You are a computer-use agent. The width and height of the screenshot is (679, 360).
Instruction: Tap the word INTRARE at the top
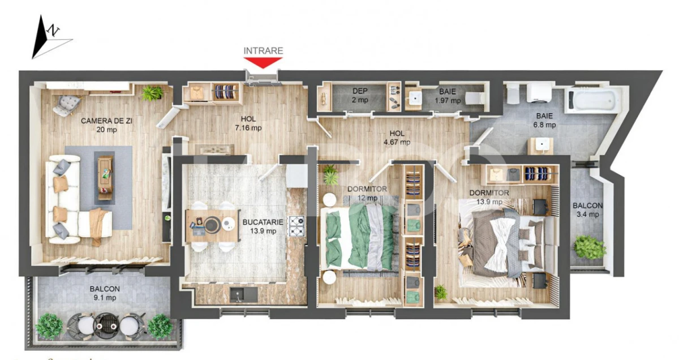[263, 50]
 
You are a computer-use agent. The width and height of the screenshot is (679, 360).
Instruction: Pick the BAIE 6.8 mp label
[546, 120]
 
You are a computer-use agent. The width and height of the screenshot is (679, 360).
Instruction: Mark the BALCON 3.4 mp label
[587, 210]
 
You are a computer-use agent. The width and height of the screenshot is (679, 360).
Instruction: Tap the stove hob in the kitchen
[297, 226]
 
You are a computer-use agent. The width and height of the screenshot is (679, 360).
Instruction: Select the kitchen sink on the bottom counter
[238, 294]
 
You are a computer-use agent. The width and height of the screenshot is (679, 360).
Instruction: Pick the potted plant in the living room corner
[152, 92]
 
